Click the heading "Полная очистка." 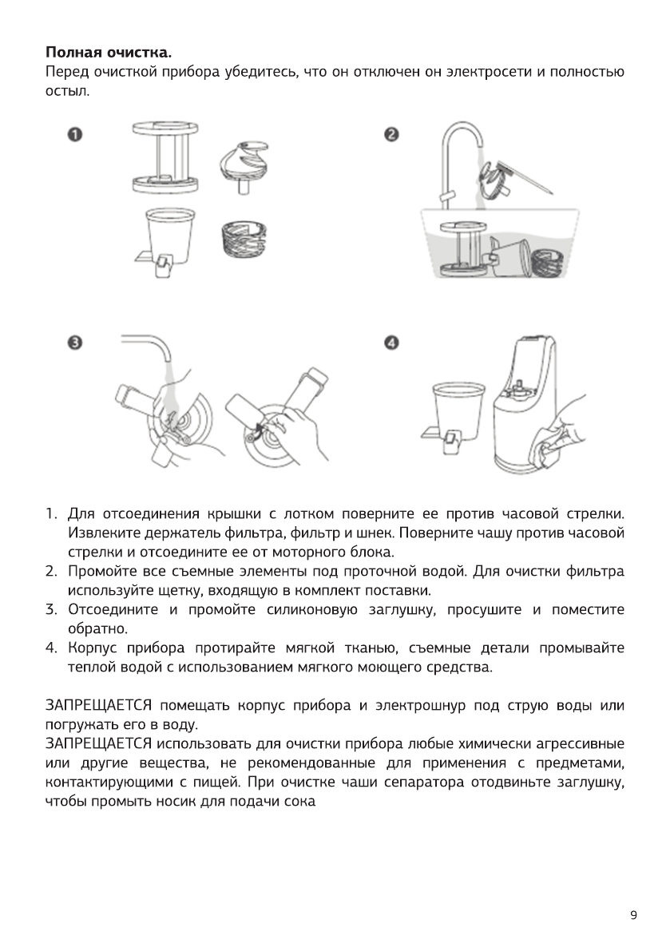pyautogui.click(x=108, y=53)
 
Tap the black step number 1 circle pyautogui.click(x=73, y=134)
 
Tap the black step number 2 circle pyautogui.click(x=391, y=134)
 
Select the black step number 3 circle pyautogui.click(x=73, y=343)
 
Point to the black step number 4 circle pyautogui.click(x=391, y=343)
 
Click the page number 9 pyautogui.click(x=633, y=915)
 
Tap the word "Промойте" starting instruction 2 pyautogui.click(x=98, y=571)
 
